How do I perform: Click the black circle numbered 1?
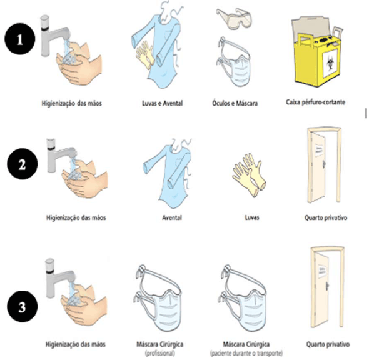point(20,39)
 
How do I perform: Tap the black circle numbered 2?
point(23,164)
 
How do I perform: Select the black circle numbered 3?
point(23,307)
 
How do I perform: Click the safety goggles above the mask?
point(234,19)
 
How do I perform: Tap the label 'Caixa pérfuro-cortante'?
point(315,102)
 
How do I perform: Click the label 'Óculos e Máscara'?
point(235,103)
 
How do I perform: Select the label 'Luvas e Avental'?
point(163,103)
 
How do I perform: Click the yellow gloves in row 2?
point(249,175)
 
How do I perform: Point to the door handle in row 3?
point(327,286)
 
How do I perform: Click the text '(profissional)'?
point(160,353)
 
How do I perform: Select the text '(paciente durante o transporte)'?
point(246,353)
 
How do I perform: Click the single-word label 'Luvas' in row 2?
point(252,217)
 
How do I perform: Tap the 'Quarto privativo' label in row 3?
point(328,344)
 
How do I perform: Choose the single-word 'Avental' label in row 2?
point(172,217)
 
